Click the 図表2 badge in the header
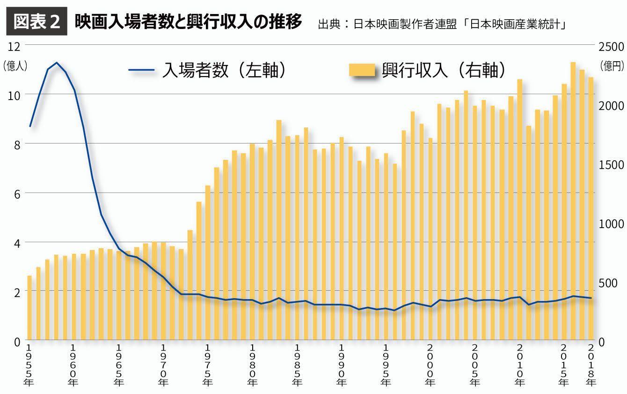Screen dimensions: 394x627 (36, 21)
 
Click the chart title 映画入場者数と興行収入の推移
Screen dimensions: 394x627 (188, 21)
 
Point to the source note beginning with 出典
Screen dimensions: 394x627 (442, 24)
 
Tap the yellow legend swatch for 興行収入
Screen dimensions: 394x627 (362, 71)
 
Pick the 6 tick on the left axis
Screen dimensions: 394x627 (17, 193)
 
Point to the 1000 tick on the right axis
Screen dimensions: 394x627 (611, 224)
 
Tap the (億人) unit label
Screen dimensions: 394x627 (15, 66)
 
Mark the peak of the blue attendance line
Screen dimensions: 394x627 (57, 63)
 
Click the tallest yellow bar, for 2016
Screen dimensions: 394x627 (573, 201)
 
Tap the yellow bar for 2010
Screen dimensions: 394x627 (519, 210)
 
